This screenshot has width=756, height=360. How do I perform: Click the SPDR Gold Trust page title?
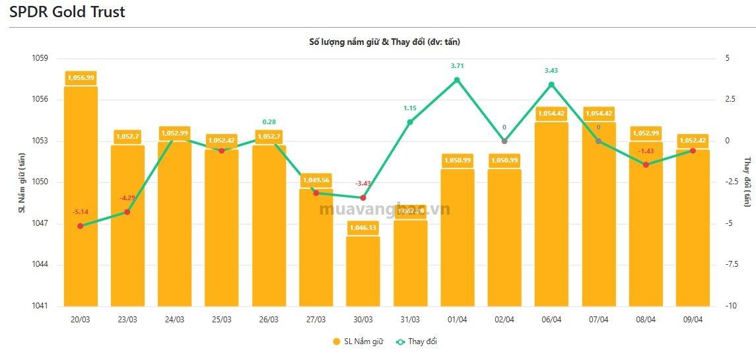(x=67, y=12)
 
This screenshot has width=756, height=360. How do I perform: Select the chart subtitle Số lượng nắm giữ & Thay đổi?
(x=384, y=42)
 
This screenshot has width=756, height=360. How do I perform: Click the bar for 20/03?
(x=81, y=198)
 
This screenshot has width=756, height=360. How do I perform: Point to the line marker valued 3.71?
(x=457, y=80)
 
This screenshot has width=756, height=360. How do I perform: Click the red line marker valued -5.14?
(x=81, y=226)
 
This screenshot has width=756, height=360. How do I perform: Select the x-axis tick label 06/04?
(x=551, y=320)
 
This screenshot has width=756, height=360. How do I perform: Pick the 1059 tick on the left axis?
(x=40, y=58)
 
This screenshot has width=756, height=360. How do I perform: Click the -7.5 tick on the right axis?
(x=730, y=265)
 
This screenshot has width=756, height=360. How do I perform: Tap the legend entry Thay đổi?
(x=416, y=342)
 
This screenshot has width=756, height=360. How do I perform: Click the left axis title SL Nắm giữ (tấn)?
(x=21, y=182)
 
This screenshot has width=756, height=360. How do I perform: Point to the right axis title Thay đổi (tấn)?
(x=747, y=182)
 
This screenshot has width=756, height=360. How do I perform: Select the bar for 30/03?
(x=363, y=271)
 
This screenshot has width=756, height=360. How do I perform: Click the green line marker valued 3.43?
(x=551, y=85)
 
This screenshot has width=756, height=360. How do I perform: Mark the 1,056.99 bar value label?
(x=81, y=78)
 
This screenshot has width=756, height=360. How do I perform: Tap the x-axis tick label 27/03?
(x=316, y=320)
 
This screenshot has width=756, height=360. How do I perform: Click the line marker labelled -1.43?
(x=646, y=164)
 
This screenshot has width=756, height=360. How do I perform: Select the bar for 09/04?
(x=693, y=228)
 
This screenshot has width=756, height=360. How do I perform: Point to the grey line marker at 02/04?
(x=504, y=141)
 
